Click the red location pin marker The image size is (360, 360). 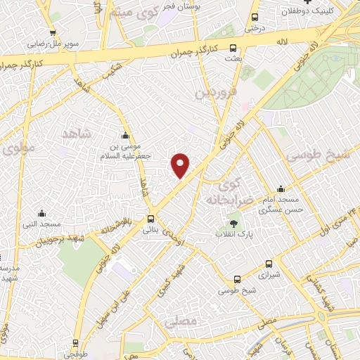181,165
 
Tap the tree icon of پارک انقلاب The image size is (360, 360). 233,224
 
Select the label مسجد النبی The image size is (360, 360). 42,224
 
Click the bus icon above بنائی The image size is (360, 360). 151,219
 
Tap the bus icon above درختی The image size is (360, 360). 253,17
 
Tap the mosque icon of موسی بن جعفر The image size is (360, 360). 126,136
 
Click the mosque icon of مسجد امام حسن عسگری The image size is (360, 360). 281,188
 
